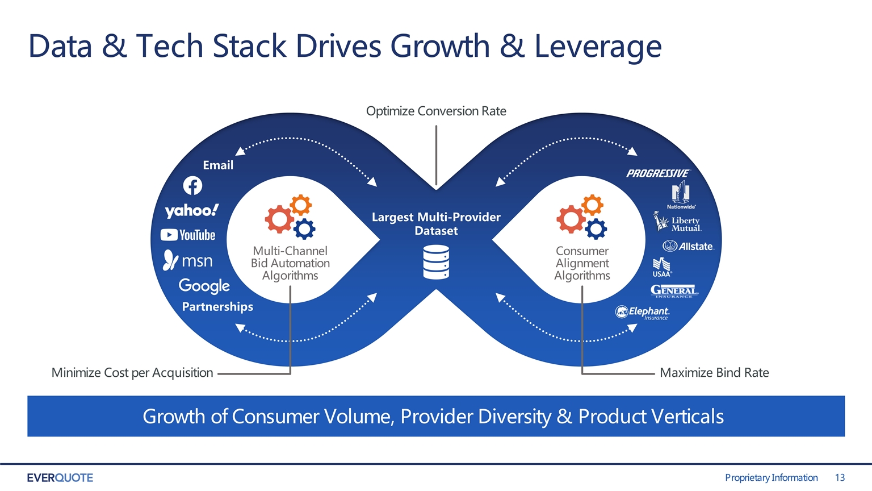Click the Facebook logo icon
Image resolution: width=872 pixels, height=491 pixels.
point(192,186)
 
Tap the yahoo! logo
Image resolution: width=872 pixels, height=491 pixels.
point(191,211)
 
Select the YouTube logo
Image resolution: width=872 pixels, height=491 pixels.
point(188,235)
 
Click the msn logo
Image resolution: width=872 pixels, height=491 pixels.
point(188,260)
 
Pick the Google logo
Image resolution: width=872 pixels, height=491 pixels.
point(204,286)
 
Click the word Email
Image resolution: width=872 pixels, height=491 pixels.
point(218,165)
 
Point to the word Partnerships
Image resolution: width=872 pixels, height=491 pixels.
point(217,307)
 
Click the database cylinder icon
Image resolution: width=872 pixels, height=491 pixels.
point(436,262)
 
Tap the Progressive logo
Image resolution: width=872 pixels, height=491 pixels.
point(659,173)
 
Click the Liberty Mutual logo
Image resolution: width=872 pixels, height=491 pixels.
point(677,222)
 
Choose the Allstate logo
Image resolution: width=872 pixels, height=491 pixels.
point(688,246)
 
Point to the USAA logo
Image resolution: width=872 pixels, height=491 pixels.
point(662,267)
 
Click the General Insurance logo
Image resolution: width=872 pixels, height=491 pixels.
point(674,292)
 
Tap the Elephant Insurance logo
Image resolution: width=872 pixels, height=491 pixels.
point(642,313)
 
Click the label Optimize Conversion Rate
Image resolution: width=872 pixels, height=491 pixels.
point(436,111)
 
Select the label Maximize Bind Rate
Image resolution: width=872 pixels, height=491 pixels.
point(714,373)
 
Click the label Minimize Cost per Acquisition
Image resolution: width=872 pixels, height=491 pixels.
point(132,373)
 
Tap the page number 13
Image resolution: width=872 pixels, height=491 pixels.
point(840,477)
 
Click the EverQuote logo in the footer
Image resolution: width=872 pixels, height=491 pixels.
point(60,478)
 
